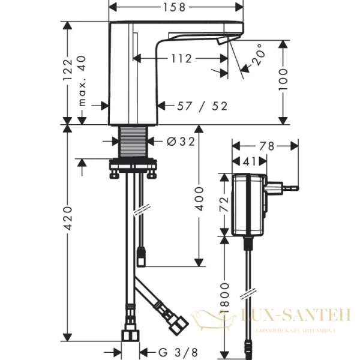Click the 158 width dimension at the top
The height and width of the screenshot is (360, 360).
(x=176, y=7)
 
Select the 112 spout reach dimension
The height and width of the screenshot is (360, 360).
(x=180, y=58)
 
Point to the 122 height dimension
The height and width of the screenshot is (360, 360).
(x=68, y=70)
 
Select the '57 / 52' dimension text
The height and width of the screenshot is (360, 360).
(x=203, y=106)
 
